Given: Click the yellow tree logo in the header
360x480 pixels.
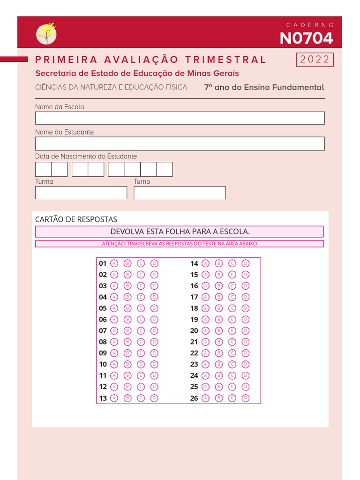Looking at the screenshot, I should point(46,34).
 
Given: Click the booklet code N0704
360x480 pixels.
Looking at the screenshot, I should point(306,38).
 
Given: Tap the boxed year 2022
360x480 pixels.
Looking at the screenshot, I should point(315,60).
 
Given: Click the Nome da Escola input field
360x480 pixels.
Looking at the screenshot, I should point(180,118).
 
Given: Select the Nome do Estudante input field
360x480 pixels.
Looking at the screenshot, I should point(180,143).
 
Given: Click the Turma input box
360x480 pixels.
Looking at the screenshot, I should point(81,193).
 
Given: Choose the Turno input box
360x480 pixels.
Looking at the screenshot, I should point(180,193).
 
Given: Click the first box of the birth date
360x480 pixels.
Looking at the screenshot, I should point(43,169).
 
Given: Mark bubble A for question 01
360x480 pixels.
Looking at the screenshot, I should point(114,263).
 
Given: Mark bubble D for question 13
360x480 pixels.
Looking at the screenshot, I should point(154,398).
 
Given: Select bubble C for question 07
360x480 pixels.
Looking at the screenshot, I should point(141,331).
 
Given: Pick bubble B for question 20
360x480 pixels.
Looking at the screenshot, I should point(218,331).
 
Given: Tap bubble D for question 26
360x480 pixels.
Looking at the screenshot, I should point(245,398).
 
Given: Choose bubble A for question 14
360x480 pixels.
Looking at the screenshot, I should point(205,263).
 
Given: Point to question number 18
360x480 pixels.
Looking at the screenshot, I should point(194,308).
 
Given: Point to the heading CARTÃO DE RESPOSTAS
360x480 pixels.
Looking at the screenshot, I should point(76,219).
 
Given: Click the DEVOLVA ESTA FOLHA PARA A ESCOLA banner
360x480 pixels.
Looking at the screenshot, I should point(180,232).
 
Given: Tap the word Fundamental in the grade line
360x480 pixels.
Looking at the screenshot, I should point(300,87).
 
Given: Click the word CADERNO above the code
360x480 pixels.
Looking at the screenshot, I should point(310,25).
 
